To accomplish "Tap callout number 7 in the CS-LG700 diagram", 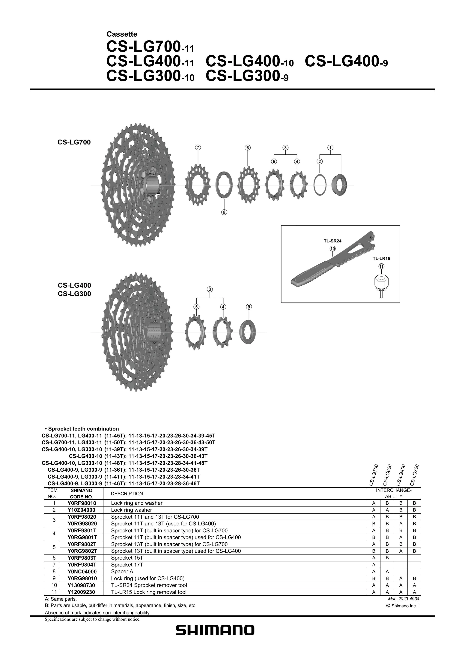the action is [x=198, y=148].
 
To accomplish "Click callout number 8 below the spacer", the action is [x=224, y=212].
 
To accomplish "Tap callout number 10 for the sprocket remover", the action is [x=332, y=249].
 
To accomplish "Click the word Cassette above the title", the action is [x=122, y=34].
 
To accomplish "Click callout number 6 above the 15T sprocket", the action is [x=248, y=148].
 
